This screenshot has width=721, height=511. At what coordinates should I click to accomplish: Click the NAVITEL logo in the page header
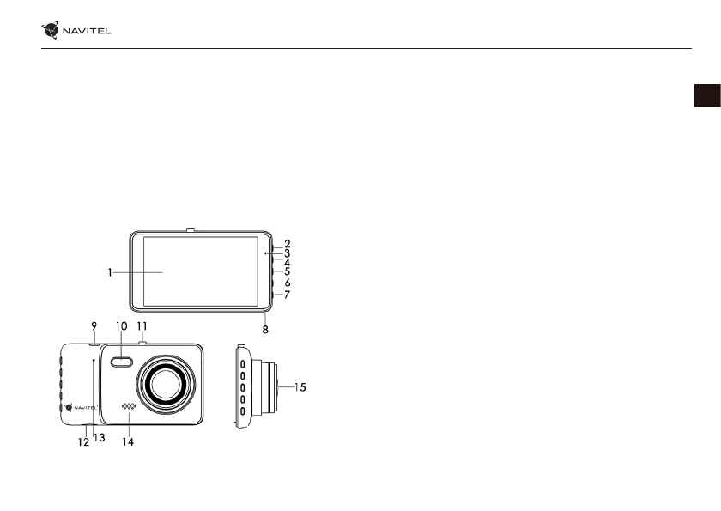[76, 30]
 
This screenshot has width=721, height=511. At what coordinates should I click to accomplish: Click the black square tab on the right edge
[707, 95]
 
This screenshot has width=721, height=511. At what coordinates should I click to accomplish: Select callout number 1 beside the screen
[110, 272]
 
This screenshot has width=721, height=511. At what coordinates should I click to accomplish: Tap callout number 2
[288, 244]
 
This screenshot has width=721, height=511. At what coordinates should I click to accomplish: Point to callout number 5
[288, 271]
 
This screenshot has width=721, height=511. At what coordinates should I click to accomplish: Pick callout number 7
[288, 295]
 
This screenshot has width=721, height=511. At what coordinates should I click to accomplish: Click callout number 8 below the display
[265, 329]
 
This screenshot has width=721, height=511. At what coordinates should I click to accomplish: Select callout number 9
[94, 326]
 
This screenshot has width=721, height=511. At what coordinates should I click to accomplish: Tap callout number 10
[121, 326]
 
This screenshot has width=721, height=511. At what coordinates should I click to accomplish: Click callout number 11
[142, 326]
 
